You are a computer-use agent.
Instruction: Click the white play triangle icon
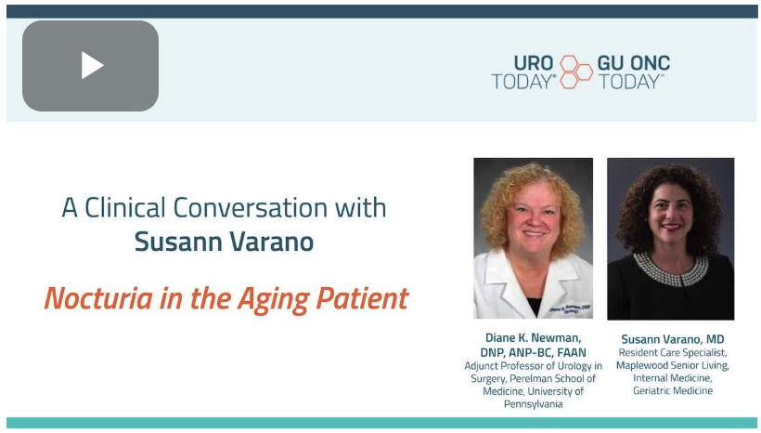pyautogui.click(x=92, y=65)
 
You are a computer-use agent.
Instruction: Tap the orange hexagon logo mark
pyautogui.click(x=576, y=72)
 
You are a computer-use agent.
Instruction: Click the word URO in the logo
pyautogui.click(x=534, y=62)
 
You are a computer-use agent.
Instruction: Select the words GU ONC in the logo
pyautogui.click(x=633, y=62)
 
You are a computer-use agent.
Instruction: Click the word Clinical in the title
pyautogui.click(x=125, y=207)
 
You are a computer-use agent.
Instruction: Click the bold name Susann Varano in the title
pyautogui.click(x=224, y=242)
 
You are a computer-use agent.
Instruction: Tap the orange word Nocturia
pyautogui.click(x=98, y=298)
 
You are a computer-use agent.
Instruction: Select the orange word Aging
pyautogui.click(x=273, y=299)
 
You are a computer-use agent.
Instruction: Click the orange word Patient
pyautogui.click(x=362, y=298)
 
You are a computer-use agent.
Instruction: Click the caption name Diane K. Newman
pyautogui.click(x=533, y=337)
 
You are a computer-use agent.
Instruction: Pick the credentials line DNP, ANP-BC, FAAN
pyautogui.click(x=533, y=352)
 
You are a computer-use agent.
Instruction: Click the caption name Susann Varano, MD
pyautogui.click(x=672, y=339)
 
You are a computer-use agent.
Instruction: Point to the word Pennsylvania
pyautogui.click(x=533, y=404)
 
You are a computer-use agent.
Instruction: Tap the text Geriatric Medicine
pyautogui.click(x=672, y=390)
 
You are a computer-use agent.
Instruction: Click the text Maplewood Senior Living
pyautogui.click(x=672, y=365)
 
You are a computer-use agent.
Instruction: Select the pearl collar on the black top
pyautogui.click(x=670, y=269)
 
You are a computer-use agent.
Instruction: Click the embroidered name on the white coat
pyautogui.click(x=570, y=309)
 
